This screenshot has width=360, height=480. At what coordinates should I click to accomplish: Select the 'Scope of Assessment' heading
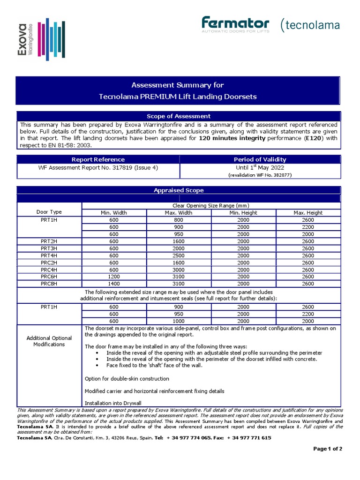179,116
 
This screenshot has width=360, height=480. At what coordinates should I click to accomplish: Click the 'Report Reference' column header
98,159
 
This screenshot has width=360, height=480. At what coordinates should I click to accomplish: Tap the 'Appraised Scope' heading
179,190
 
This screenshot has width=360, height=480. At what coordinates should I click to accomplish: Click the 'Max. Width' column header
179,212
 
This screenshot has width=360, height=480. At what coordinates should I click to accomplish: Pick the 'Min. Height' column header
243,212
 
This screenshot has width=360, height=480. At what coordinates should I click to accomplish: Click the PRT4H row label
49,255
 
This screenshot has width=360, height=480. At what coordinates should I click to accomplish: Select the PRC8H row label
49,284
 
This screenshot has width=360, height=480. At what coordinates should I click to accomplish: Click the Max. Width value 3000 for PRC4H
179,270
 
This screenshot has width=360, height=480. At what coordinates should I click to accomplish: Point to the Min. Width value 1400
114,284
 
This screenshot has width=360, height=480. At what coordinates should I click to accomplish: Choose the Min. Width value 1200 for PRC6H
114,277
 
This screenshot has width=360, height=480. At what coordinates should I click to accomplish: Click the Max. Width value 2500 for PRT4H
179,255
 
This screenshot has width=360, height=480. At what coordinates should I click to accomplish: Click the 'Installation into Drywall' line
113,403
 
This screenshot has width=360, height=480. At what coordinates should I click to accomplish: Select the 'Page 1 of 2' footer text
328,449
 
